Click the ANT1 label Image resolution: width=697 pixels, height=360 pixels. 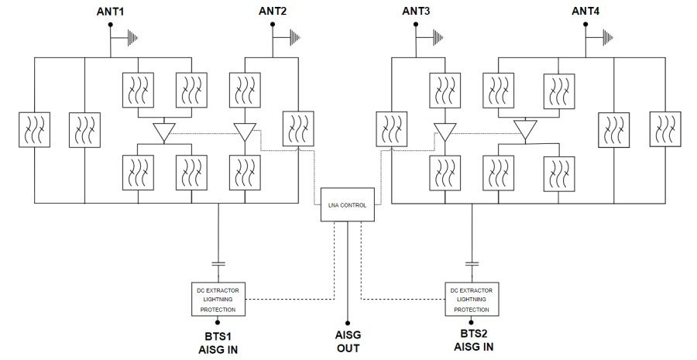(x=112, y=11)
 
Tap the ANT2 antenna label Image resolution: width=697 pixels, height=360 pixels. (x=273, y=11)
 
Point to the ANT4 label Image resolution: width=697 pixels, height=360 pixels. (x=585, y=11)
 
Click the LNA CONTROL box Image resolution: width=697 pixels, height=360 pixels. (x=348, y=205)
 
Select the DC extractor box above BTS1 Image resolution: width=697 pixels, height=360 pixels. (x=218, y=299)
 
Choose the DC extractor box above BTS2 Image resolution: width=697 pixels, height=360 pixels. (x=471, y=299)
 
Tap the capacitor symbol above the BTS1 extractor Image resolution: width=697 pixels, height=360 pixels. (x=218, y=264)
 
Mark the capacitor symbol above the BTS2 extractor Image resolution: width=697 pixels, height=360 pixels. (x=471, y=264)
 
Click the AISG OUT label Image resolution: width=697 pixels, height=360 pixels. (x=348, y=341)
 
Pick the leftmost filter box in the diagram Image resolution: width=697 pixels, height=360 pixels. (x=34, y=129)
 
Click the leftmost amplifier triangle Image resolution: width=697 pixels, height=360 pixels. (x=164, y=132)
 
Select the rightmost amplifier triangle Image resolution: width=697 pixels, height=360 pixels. (x=526, y=131)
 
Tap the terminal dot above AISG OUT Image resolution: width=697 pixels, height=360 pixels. (x=348, y=323)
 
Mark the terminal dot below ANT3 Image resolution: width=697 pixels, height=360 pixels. (x=417, y=25)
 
